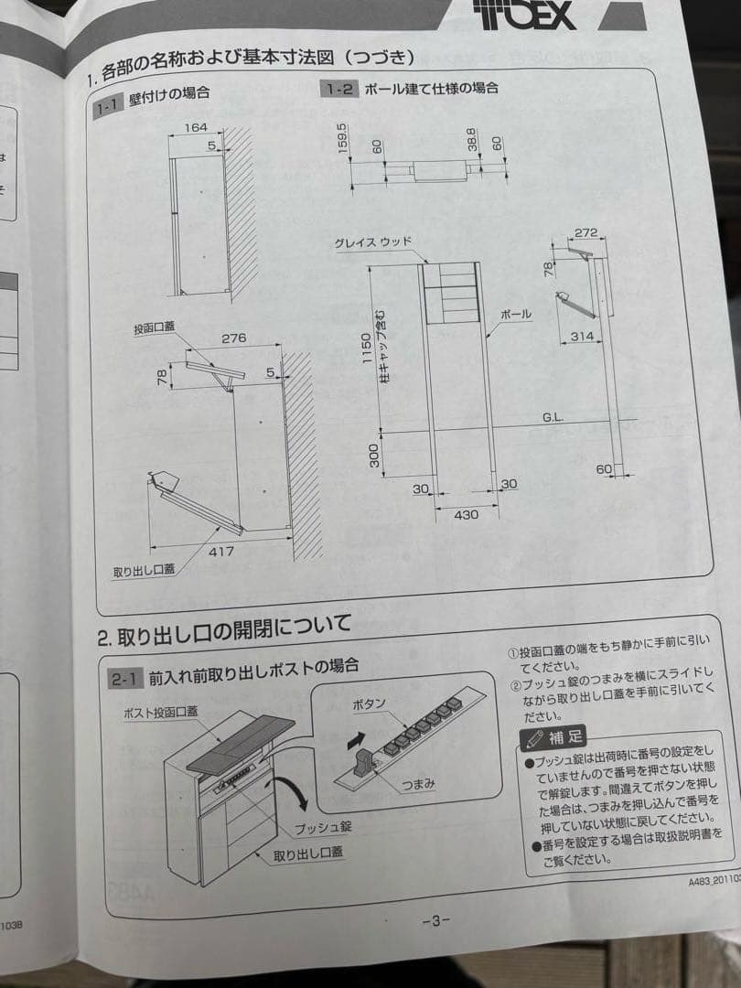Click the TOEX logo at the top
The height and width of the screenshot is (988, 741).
tap(525, 14)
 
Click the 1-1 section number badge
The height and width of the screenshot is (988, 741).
tap(108, 107)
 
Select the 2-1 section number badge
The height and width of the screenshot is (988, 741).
tap(123, 679)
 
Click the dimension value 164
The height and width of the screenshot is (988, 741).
tap(196, 128)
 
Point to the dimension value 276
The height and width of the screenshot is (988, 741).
tap(233, 338)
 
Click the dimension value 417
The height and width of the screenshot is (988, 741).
tap(221, 551)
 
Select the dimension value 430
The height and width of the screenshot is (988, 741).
tap(466, 514)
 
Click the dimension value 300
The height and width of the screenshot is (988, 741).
tap(374, 455)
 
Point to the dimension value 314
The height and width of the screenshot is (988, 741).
tap(582, 336)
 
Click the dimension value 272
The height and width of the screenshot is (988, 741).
tap(586, 233)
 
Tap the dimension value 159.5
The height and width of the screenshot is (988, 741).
tap(342, 138)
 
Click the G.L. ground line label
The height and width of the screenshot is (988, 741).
tap(552, 417)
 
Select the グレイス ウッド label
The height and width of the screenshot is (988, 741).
tap(373, 242)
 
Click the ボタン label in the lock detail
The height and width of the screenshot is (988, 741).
tap(370, 704)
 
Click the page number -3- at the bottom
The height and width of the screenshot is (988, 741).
tap(435, 920)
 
